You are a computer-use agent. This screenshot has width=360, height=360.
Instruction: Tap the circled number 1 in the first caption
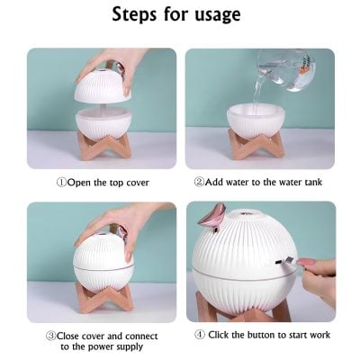[x=61, y=182]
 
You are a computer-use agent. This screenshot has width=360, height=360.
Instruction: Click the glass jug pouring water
[x=287, y=70]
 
